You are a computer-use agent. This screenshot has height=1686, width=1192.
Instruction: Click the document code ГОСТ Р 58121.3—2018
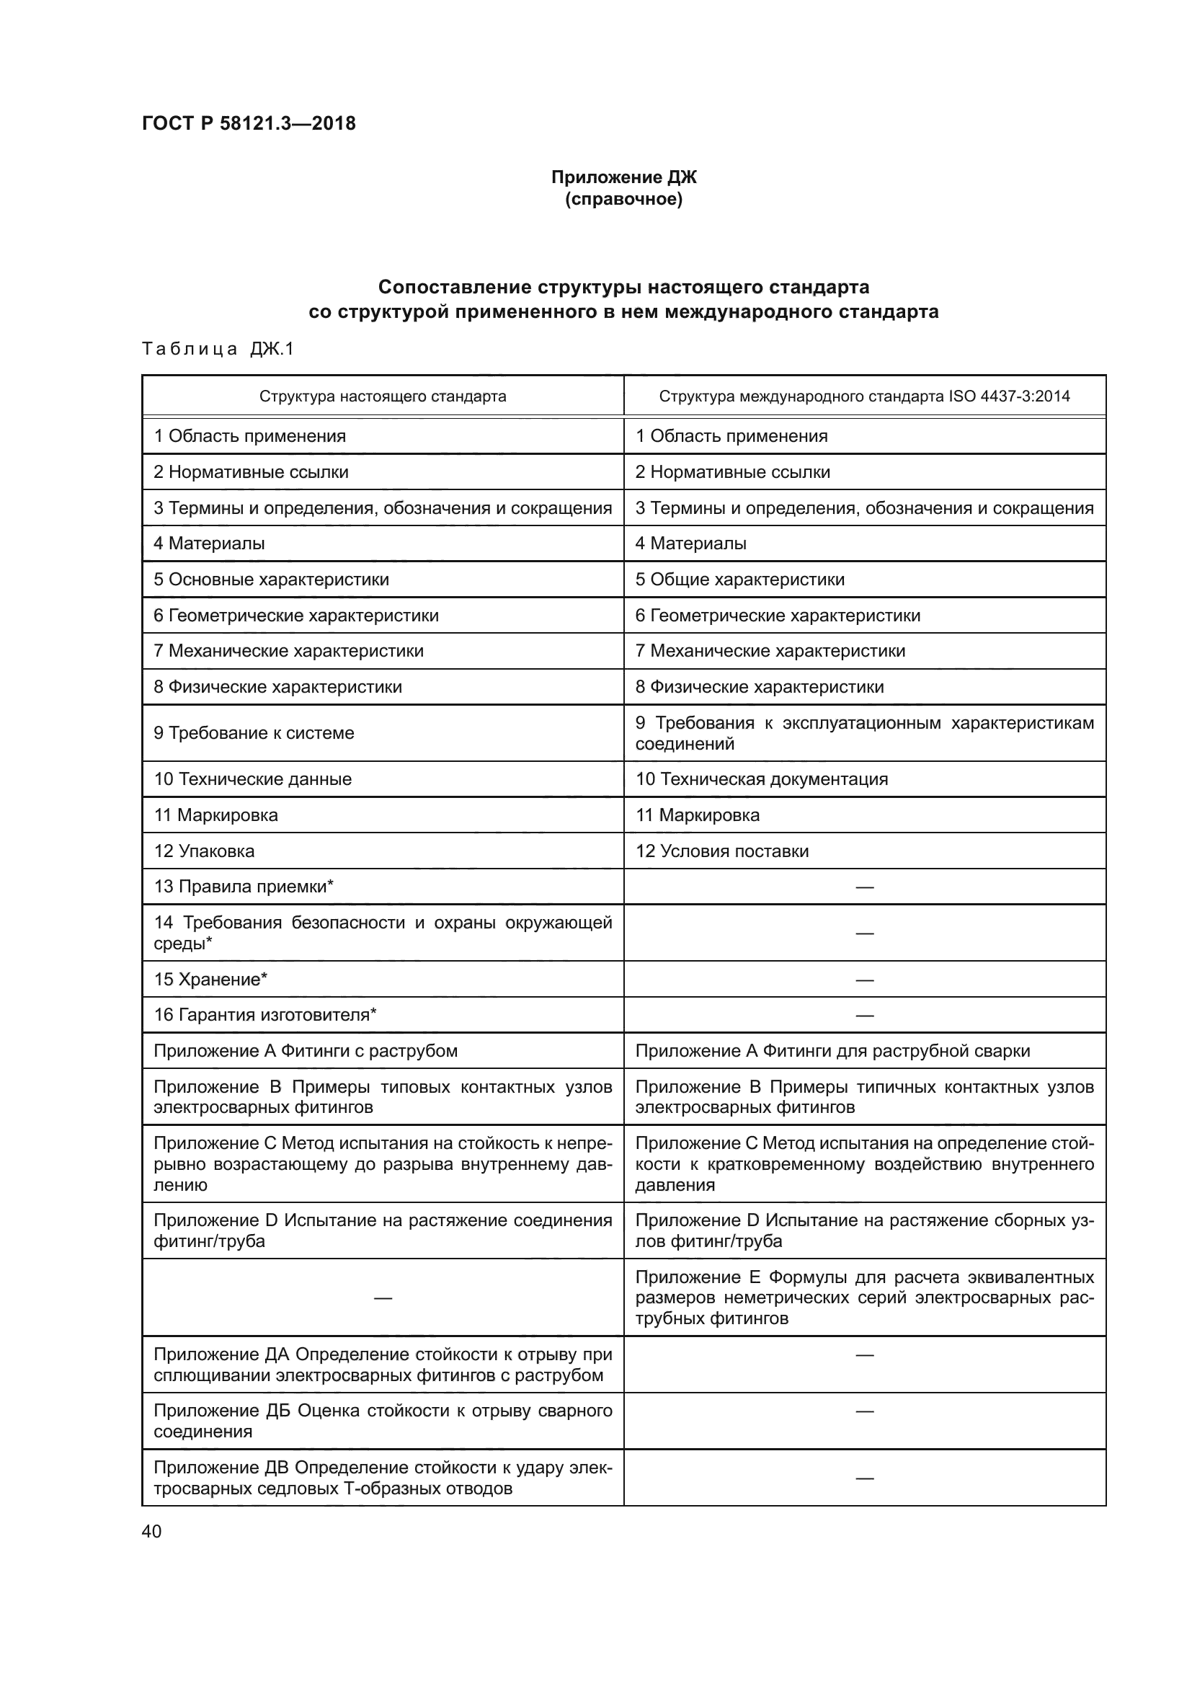pyautogui.click(x=248, y=123)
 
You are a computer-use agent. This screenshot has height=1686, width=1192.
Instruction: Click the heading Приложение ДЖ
pyautogui.click(x=623, y=177)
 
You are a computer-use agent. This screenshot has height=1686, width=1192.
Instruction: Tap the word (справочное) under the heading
pyautogui.click(x=623, y=199)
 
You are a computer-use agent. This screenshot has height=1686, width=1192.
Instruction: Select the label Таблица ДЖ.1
pyautogui.click(x=217, y=349)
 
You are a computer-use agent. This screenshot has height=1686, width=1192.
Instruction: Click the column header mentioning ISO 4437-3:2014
pyautogui.click(x=864, y=396)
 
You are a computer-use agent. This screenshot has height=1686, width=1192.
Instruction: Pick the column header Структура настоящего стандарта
pyautogui.click(x=383, y=396)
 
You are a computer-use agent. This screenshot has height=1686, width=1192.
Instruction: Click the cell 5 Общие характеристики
pyautogui.click(x=739, y=580)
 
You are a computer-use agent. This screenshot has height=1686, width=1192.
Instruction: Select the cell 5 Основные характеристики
pyautogui.click(x=271, y=580)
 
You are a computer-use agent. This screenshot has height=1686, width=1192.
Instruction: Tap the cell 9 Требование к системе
pyautogui.click(x=253, y=733)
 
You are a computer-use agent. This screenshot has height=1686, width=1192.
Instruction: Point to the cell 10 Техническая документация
pyautogui.click(x=761, y=779)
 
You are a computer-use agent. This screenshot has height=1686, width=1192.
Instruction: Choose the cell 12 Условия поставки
pyautogui.click(x=721, y=851)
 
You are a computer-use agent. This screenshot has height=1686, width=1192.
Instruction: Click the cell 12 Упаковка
pyautogui.click(x=203, y=851)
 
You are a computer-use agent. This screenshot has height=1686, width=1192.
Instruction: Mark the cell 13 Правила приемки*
pyautogui.click(x=243, y=887)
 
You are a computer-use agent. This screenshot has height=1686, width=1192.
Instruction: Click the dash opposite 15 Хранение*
pyautogui.click(x=864, y=980)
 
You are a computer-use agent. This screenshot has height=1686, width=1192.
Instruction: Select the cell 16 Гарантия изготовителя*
pyautogui.click(x=264, y=1015)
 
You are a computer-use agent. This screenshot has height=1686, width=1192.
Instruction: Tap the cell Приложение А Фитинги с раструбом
pyautogui.click(x=306, y=1051)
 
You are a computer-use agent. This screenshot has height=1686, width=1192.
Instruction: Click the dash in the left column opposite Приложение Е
pyautogui.click(x=383, y=1298)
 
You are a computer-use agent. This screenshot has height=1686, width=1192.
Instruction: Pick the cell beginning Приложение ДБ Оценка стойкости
pyautogui.click(x=383, y=1421)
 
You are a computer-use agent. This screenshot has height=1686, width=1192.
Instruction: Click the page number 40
pyautogui.click(x=151, y=1531)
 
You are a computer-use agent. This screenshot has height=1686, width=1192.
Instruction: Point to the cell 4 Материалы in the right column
pyautogui.click(x=690, y=543)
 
